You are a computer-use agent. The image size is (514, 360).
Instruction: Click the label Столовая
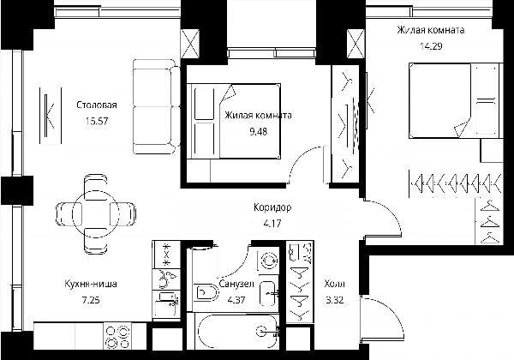point(97,105)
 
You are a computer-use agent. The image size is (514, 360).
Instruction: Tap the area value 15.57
point(97,121)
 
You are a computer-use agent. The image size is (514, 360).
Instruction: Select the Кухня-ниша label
point(91,284)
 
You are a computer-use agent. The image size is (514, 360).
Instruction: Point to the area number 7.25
point(91,300)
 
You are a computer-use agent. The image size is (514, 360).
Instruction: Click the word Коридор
point(272,207)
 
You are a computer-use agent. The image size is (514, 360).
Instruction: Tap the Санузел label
point(236,284)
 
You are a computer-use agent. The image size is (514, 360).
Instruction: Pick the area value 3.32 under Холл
point(335,300)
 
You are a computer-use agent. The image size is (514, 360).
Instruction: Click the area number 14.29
point(431,46)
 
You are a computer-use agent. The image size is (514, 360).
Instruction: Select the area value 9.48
point(259,131)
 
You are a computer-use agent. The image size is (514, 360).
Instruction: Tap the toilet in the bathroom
point(206,292)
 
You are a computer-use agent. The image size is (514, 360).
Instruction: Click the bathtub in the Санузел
point(237,332)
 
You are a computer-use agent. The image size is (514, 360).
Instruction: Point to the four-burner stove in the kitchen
point(117,336)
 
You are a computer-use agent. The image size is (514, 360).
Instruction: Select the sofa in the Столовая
point(157,106)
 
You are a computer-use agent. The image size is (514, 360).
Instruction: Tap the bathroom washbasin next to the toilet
point(269,294)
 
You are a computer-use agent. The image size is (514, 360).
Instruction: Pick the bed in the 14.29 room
point(456,100)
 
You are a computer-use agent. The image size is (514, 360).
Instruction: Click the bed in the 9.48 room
point(233,122)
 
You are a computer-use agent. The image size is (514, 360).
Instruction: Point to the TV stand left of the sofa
point(51,116)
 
